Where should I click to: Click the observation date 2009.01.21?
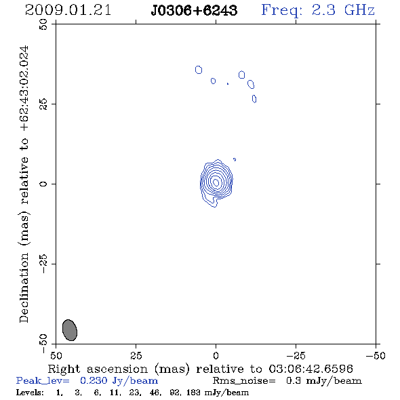click(68, 10)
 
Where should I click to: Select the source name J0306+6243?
click(194, 10)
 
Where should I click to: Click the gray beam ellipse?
click(70, 330)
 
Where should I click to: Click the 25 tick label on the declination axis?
click(43, 104)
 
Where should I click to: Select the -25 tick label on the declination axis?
click(43, 264)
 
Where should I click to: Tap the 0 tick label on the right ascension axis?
click(216, 356)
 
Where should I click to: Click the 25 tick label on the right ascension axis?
click(136, 356)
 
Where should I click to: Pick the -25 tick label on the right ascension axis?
click(296, 356)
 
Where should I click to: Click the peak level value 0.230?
click(94, 380)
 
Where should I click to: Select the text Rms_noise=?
click(244, 381)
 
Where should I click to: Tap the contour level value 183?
click(193, 392)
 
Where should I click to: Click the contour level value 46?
click(155, 392)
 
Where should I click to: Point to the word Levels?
click(30, 392)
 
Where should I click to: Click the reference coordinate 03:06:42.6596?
click(311, 369)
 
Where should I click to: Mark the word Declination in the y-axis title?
click(24, 287)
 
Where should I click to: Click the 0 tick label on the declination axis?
click(43, 184)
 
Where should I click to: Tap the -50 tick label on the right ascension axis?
click(376, 356)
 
